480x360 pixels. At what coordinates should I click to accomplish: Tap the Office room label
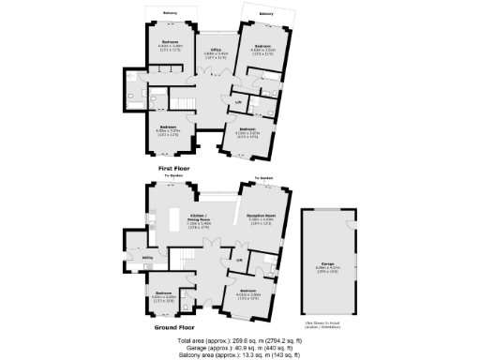[x=215, y=50]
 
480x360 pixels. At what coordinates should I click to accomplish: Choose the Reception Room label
[x=260, y=217]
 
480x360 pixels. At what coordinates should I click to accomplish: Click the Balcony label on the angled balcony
[x=267, y=15]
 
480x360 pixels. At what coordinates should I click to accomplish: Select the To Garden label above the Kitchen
[x=172, y=175]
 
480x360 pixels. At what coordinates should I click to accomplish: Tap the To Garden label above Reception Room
[x=265, y=177]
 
